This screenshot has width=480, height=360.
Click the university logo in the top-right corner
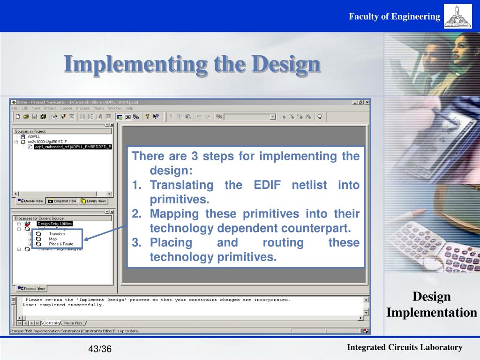[457, 16]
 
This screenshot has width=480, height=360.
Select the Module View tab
[30, 201]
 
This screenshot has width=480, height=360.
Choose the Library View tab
[94, 201]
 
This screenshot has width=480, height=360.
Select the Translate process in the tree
[57, 233]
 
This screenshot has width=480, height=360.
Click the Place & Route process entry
[61, 244]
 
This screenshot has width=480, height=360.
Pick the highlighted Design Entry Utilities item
[55, 224]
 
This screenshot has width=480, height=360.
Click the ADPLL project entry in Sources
[34, 136]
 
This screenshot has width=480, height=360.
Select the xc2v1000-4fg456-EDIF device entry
[47, 142]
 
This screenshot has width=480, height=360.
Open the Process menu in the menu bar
[82, 108]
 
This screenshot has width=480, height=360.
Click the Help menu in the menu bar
[129, 108]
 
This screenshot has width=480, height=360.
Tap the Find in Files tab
[73, 323]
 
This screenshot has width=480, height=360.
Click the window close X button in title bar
[367, 102]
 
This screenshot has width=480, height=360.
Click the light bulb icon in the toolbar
[320, 117]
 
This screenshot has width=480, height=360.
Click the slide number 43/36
[100, 349]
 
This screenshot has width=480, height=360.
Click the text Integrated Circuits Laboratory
[405, 347]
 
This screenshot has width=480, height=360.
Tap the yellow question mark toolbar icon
[147, 117]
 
